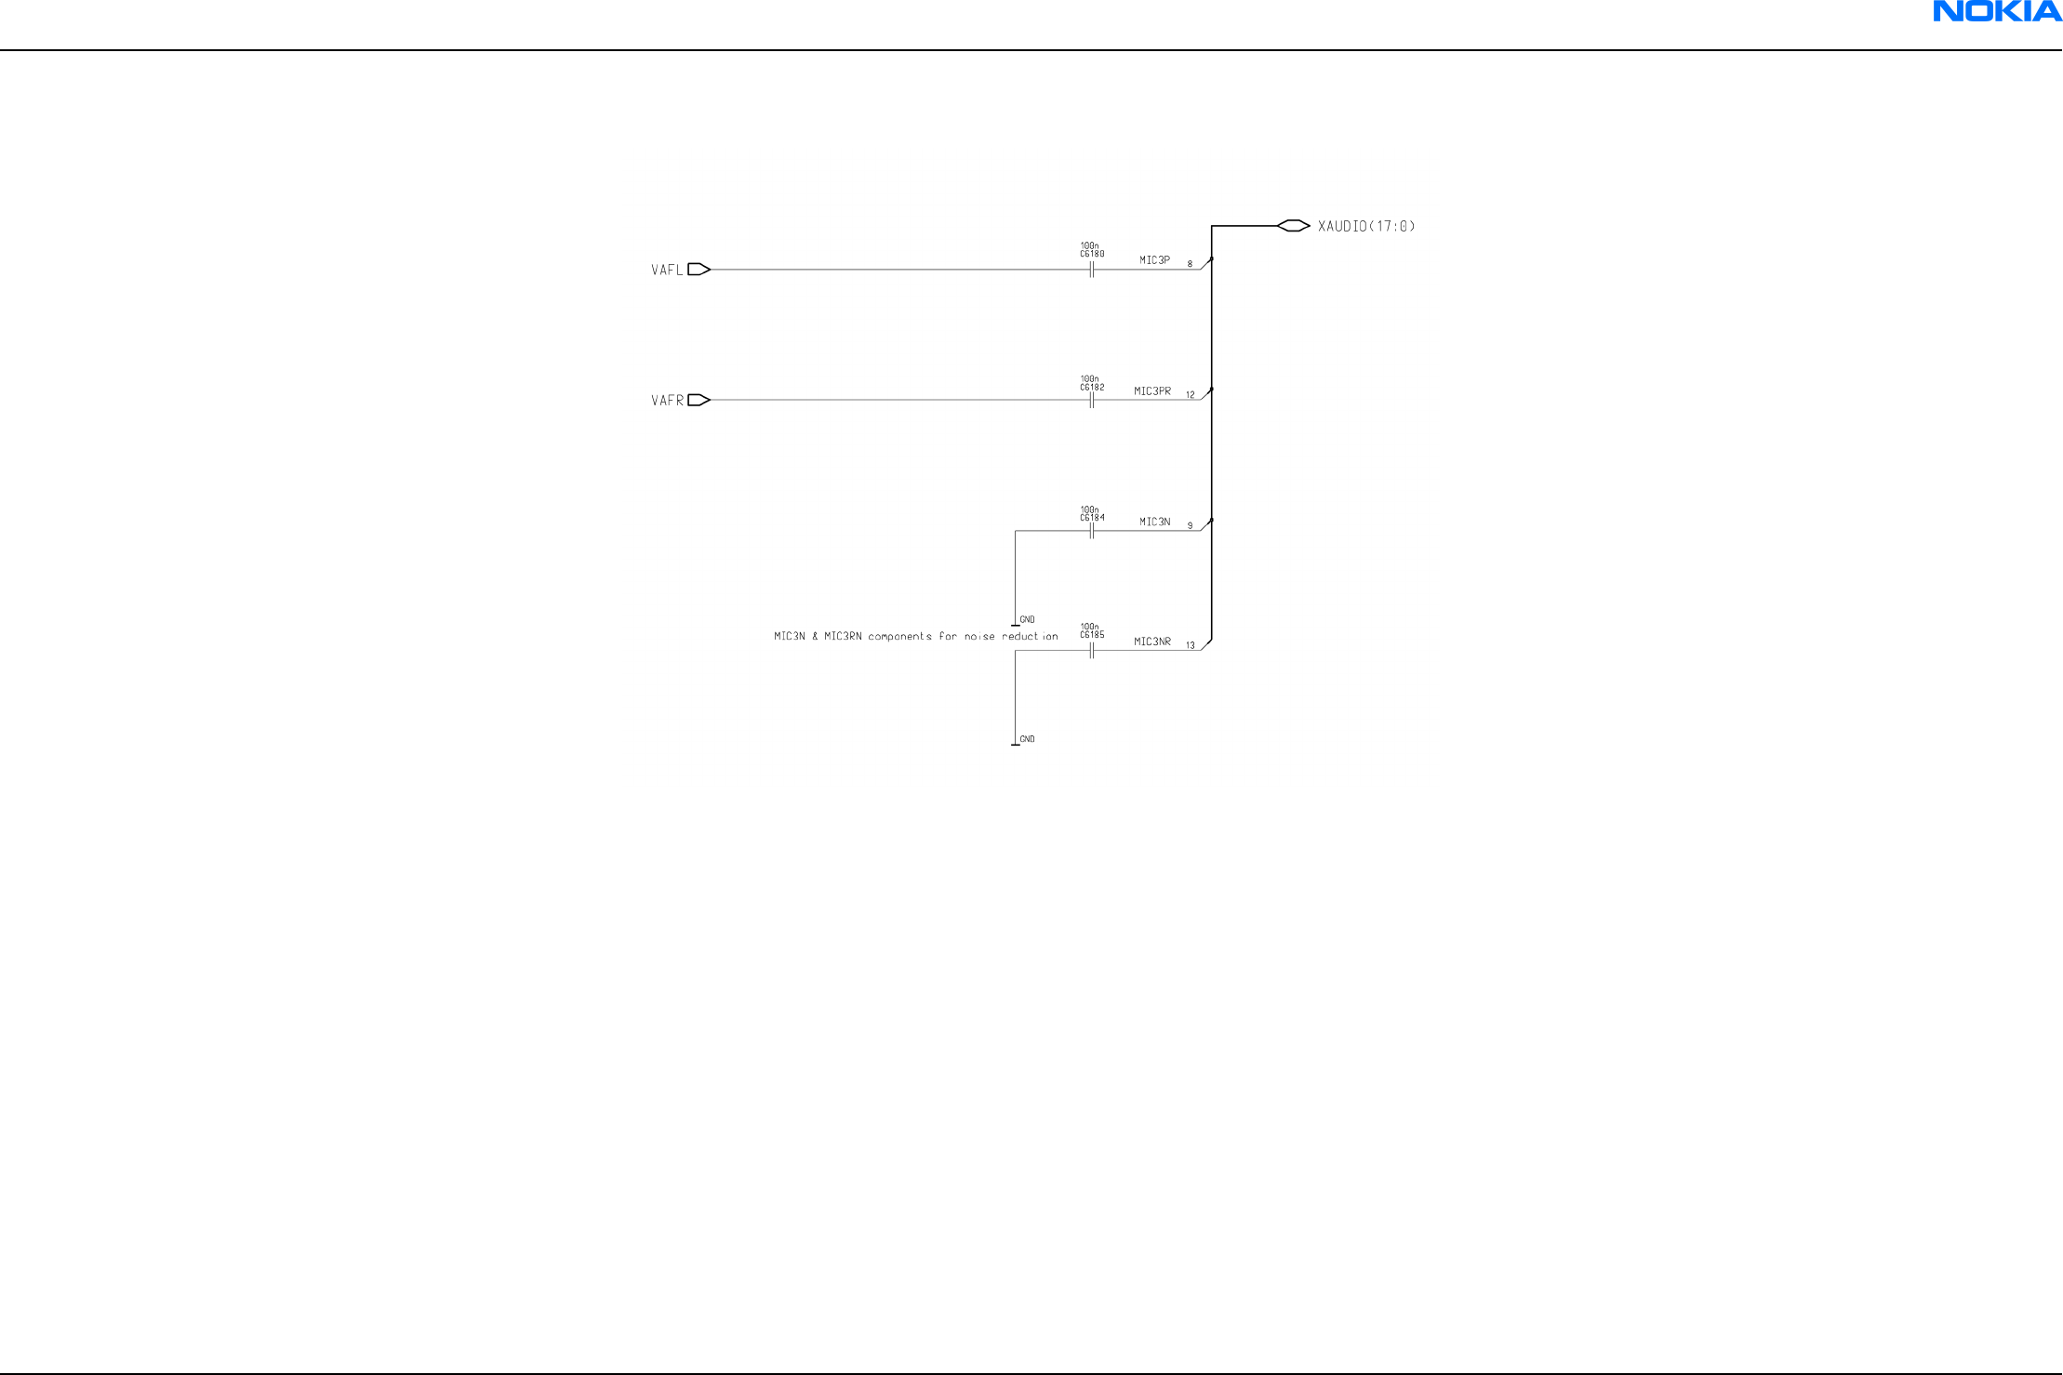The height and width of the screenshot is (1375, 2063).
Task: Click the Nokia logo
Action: (x=1997, y=11)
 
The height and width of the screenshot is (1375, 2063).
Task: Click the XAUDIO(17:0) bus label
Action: (x=1365, y=226)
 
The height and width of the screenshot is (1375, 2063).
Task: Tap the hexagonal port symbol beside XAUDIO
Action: (x=1293, y=226)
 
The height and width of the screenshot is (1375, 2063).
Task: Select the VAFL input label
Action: (x=667, y=271)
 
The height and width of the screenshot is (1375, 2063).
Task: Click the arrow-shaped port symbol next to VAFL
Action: (x=699, y=270)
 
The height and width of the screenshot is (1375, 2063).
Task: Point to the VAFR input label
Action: (x=667, y=401)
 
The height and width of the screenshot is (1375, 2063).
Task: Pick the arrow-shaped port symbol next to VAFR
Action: (x=699, y=400)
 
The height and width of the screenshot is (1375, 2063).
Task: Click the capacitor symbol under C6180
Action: (x=1092, y=270)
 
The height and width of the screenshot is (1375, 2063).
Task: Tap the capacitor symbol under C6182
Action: (x=1092, y=400)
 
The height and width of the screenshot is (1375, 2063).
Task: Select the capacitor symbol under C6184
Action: (x=1092, y=531)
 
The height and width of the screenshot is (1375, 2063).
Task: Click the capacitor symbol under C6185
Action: (x=1092, y=651)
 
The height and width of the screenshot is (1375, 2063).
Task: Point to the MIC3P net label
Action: (x=1154, y=260)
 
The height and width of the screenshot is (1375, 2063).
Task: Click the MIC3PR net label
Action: (x=1152, y=391)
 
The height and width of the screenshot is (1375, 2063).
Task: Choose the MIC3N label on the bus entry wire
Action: (x=1154, y=522)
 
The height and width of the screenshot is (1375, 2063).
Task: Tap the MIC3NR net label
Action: (x=1152, y=641)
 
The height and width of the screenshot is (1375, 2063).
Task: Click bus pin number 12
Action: (x=1190, y=395)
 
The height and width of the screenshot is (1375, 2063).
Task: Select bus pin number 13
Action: (x=1190, y=645)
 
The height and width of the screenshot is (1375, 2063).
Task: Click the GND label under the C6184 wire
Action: (x=1027, y=619)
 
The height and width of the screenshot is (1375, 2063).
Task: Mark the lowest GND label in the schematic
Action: (x=1027, y=739)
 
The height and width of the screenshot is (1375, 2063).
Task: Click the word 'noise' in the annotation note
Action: (x=979, y=637)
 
